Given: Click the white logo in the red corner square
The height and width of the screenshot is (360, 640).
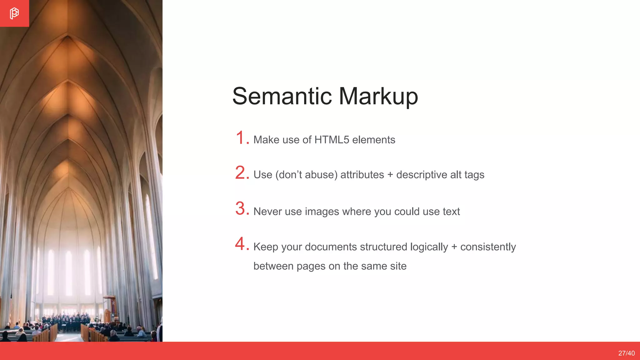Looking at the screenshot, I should tap(14, 13).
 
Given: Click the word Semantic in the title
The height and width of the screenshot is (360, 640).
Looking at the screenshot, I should tap(282, 96).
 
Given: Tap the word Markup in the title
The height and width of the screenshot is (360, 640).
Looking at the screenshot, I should tap(378, 97).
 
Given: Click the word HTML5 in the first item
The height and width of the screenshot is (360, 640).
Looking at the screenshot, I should tap(332, 140).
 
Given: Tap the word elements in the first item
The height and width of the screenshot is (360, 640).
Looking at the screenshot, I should tap(373, 140).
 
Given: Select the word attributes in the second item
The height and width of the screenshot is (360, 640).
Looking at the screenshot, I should tap(362, 175).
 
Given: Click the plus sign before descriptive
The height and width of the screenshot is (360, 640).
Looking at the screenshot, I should tap(390, 175).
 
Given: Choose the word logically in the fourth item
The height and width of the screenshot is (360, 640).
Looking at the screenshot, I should tap(429, 247).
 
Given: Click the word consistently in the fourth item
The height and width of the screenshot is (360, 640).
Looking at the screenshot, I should tap(488, 247).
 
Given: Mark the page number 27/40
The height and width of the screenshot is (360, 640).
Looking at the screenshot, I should tap(626, 353).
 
